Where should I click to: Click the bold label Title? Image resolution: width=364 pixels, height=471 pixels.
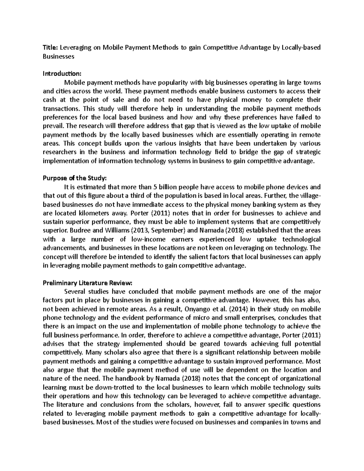tap(50, 47)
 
